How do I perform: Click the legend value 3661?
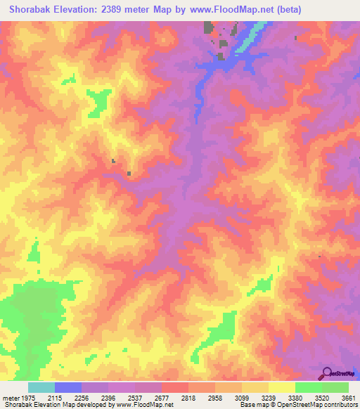pos(347,397)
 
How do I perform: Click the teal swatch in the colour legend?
pos(41,387)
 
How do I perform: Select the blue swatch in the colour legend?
pos(68,387)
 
